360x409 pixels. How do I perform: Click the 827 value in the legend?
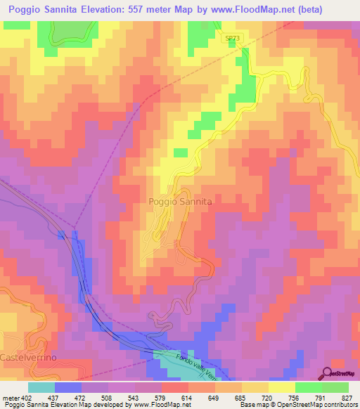(x=348, y=397)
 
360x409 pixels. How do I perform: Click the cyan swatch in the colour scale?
(x=41, y=387)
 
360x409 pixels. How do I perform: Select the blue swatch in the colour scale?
(x=68, y=387)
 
